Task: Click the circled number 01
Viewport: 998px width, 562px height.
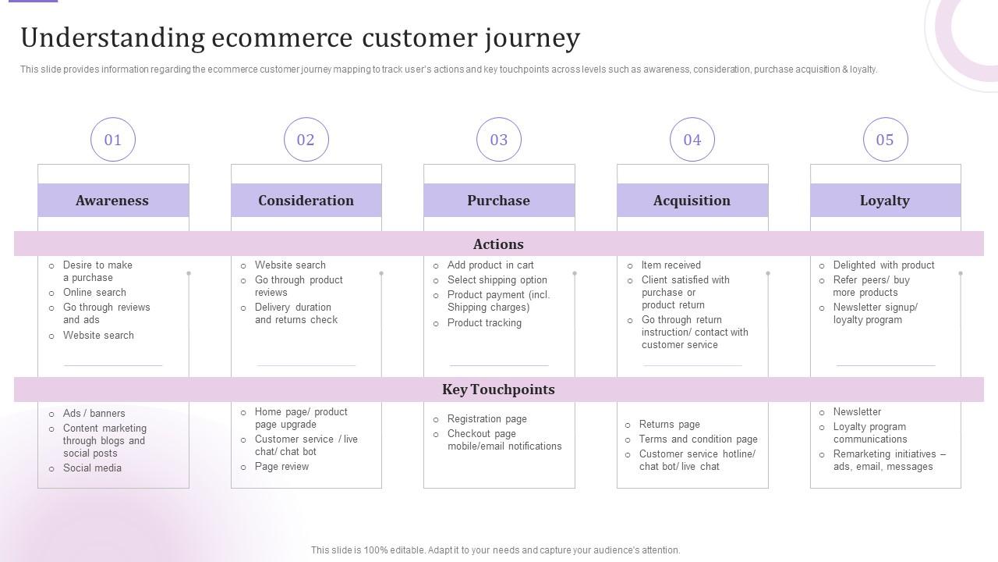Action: pos(113,140)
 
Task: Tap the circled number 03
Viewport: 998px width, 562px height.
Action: pos(499,140)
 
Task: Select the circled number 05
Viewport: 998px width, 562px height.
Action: pos(885,140)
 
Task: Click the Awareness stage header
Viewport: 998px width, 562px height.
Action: pos(113,201)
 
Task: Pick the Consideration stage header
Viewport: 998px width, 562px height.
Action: pos(306,201)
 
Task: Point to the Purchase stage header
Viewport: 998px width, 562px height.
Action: pos(499,201)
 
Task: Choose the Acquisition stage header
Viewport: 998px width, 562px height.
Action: pos(692,201)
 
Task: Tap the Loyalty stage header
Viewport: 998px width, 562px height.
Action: pos(885,201)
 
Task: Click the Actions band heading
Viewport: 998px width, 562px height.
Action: pos(499,244)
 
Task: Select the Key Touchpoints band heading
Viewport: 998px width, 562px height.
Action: pos(499,389)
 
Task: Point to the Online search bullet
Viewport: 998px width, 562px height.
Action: pos(94,293)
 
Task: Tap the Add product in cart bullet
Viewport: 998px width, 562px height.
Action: pos(490,265)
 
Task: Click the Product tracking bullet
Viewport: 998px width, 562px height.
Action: pos(484,323)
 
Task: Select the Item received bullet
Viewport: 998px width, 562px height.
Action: pos(671,265)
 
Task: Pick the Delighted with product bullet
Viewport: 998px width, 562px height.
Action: pos(883,265)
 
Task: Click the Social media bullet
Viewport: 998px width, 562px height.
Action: pos(92,468)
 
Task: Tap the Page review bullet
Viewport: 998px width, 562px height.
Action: pos(281,467)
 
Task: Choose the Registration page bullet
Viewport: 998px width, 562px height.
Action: pos(487,419)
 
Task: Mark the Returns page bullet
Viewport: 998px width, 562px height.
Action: pos(669,425)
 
